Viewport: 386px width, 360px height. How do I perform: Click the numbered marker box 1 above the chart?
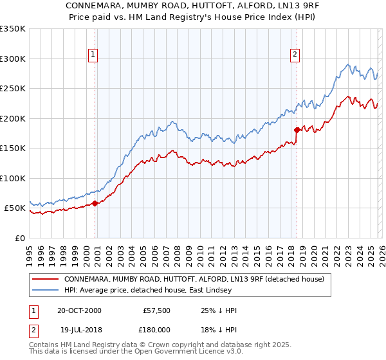(93, 55)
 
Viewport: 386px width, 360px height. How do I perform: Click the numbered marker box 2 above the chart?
(295, 55)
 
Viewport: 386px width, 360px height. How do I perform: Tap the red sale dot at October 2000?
(95, 203)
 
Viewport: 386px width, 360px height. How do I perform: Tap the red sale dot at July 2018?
(297, 130)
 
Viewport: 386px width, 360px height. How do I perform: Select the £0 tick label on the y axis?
(19, 238)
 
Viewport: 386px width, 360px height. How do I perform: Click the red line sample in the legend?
(46, 279)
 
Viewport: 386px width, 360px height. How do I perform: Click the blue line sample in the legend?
(46, 291)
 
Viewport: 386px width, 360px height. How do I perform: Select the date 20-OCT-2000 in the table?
(78, 310)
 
